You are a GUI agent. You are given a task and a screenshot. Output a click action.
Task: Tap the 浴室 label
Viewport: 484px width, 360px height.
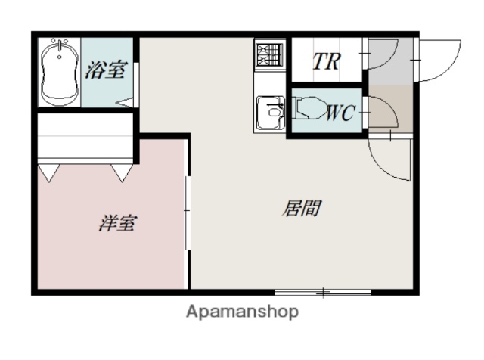[105, 71]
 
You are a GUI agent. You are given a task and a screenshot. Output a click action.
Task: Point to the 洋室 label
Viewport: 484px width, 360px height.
[117, 224]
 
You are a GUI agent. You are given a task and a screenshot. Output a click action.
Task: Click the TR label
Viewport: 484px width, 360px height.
[326, 61]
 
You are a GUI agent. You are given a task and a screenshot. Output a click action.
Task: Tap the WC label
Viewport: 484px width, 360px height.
[340, 114]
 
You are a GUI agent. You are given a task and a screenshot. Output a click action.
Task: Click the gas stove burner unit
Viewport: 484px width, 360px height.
[268, 54]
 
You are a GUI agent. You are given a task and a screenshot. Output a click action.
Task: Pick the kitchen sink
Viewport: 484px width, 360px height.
[268, 113]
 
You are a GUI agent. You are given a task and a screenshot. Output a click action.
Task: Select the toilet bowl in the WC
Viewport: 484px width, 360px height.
[309, 111]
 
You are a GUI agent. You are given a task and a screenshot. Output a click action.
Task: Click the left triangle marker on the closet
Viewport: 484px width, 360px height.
[48, 174]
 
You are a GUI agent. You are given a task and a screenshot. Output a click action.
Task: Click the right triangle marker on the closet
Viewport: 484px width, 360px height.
[122, 174]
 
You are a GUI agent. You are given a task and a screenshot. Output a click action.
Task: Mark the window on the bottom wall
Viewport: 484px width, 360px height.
[323, 291]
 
